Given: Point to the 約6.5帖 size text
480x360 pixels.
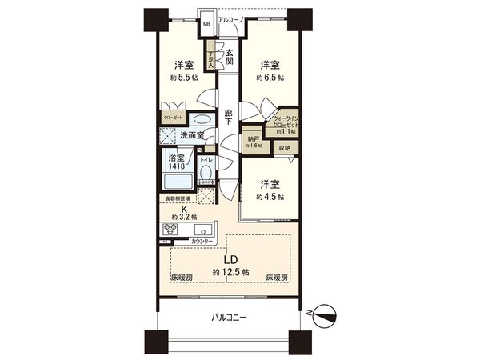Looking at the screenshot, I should pyautogui.click(x=269, y=78).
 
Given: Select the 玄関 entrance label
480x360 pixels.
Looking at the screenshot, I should pyautogui.click(x=229, y=55).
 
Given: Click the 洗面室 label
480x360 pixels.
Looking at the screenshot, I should pyautogui.click(x=190, y=134).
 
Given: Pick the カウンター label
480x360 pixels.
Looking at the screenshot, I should pyautogui.click(x=204, y=241).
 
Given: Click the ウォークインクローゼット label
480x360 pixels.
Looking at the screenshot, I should pyautogui.click(x=286, y=120).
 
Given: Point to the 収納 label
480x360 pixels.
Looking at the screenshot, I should pyautogui.click(x=285, y=147).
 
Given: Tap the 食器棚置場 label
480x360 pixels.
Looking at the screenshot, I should pyautogui.click(x=178, y=198).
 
